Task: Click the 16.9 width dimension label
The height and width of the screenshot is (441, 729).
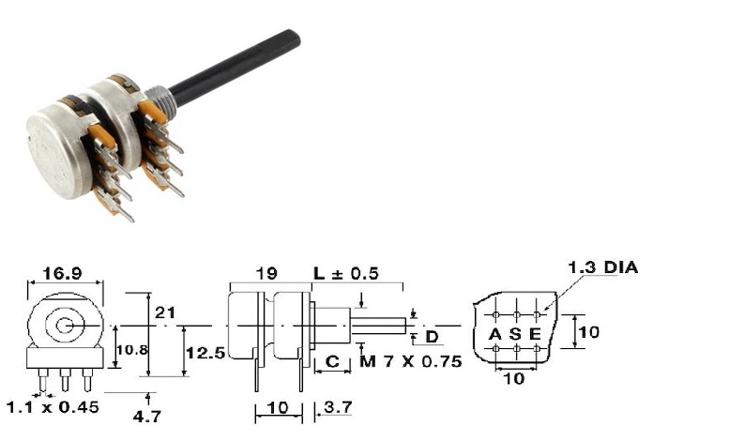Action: pyautogui.click(x=62, y=274)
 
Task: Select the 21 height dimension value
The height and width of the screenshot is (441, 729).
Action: pyautogui.click(x=165, y=312)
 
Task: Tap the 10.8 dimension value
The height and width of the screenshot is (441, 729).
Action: pyautogui.click(x=131, y=350)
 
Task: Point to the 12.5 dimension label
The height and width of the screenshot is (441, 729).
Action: pyautogui.click(x=205, y=353)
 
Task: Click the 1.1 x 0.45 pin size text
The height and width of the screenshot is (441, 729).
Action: pyautogui.click(x=53, y=407)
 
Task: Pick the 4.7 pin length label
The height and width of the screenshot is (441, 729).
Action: pyautogui.click(x=147, y=416)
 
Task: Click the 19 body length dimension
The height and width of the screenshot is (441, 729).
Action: pyautogui.click(x=266, y=273)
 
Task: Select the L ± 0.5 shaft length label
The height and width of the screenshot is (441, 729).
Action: pyautogui.click(x=346, y=273)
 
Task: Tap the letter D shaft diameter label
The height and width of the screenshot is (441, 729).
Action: pyautogui.click(x=432, y=337)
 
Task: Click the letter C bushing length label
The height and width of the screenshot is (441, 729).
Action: pyautogui.click(x=332, y=361)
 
